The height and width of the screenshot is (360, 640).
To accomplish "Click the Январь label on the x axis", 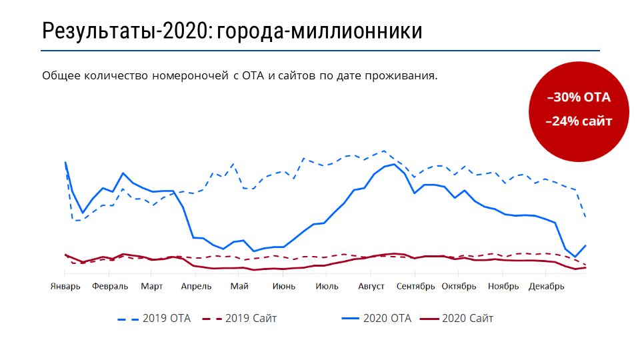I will point(65,287).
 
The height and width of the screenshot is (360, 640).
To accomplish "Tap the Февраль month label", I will point(110,287).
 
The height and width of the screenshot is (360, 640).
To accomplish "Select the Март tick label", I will point(151,287).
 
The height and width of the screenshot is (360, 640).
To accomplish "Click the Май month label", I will point(239,287).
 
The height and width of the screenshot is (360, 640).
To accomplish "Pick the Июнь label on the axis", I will point(284,287).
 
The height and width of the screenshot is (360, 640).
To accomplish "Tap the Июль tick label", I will point(327,287).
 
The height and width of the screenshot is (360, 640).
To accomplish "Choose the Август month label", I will point(371,287).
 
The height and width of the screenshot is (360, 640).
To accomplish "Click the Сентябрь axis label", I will point(415,287).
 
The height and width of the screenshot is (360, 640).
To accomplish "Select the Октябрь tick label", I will point(459,287).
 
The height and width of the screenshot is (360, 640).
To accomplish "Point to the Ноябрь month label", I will point(503,287).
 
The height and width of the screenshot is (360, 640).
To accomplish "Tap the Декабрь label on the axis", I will point(547,287).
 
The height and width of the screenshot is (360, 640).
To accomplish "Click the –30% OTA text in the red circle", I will point(579,97).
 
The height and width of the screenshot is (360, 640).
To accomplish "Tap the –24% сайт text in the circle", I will point(579,121).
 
